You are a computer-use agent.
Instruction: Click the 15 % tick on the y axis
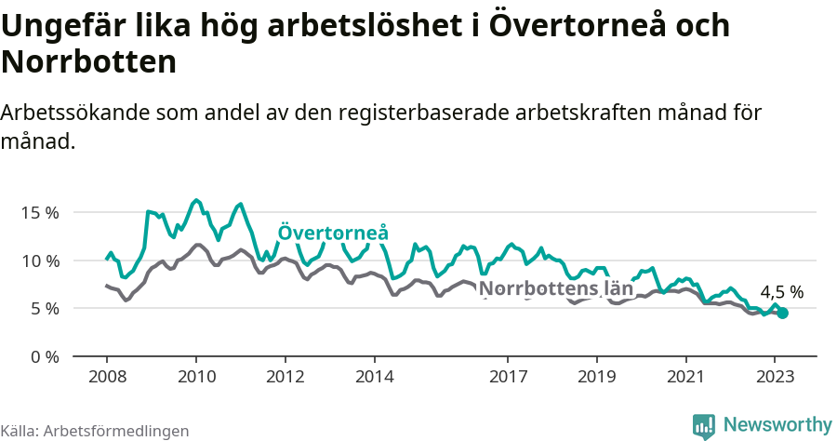pyautogui.click(x=39, y=212)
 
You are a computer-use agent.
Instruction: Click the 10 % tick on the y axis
pyautogui.click(x=39, y=261)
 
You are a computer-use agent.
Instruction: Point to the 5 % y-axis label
pyautogui.click(x=44, y=308)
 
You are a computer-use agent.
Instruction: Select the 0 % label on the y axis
pyautogui.click(x=44, y=356)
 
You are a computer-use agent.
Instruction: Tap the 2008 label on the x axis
pyautogui.click(x=107, y=377)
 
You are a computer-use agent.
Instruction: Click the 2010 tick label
pyautogui.click(x=196, y=377)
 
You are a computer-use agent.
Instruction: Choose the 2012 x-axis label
pyautogui.click(x=286, y=377)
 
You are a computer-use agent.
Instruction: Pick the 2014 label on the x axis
pyautogui.click(x=375, y=377)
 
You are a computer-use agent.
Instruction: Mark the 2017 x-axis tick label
pyautogui.click(x=508, y=377)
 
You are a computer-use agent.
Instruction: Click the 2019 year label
pyautogui.click(x=597, y=377)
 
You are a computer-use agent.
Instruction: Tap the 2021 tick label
pyautogui.click(x=686, y=377)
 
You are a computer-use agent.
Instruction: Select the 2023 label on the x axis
pyautogui.click(x=776, y=377)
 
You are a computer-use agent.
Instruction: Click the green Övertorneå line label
pyautogui.click(x=333, y=233)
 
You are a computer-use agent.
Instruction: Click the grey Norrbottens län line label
pyautogui.click(x=556, y=288)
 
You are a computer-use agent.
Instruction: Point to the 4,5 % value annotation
pyautogui.click(x=781, y=292)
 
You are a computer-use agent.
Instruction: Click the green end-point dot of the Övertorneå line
pyautogui.click(x=783, y=314)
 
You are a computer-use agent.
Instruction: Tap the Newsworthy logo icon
pyautogui.click(x=704, y=425)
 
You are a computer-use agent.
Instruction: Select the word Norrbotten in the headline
pyautogui.click(x=89, y=62)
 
